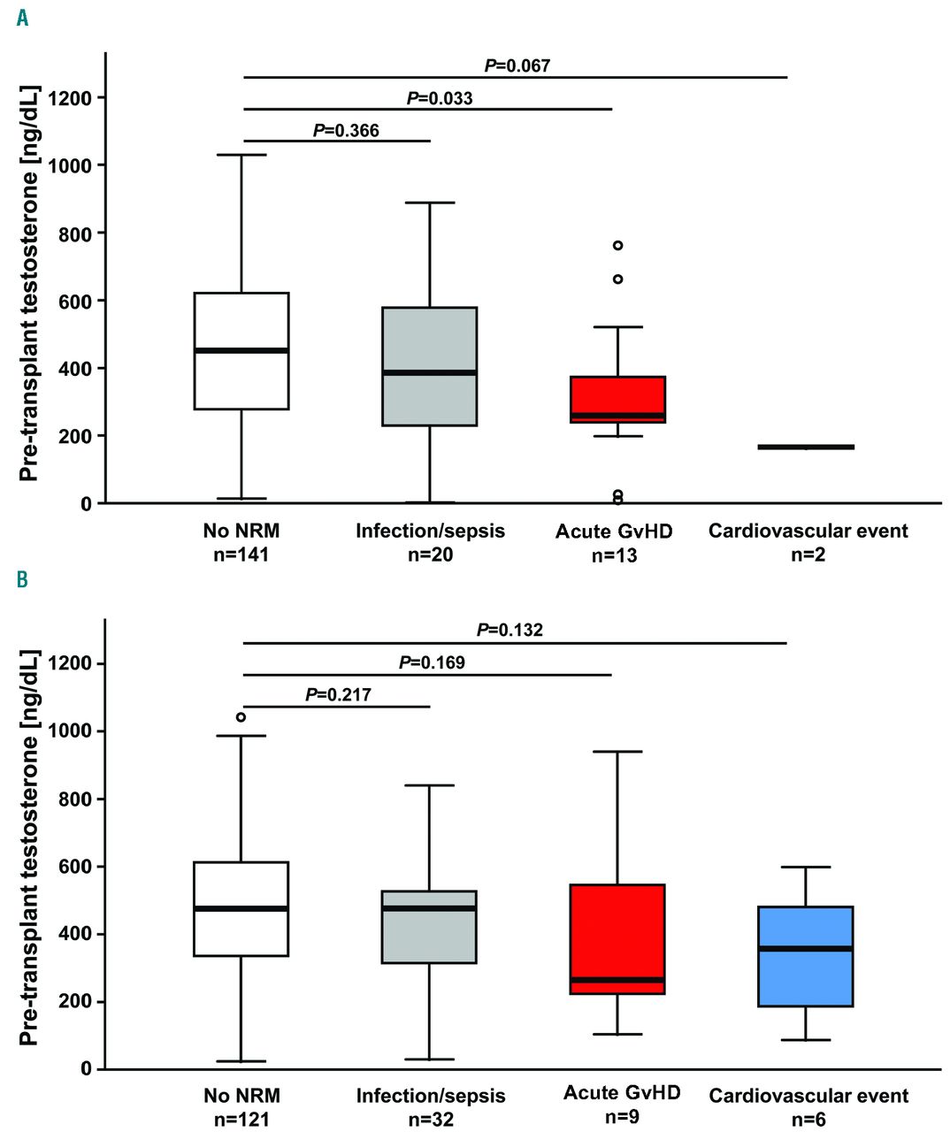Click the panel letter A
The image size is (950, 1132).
22,18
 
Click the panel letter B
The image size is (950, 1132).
22,581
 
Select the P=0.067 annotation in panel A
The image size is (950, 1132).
517,65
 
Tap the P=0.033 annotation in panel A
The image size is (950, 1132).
440,98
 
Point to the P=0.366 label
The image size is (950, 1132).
346,131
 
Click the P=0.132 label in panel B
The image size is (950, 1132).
509,630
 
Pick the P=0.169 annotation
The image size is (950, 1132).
432,662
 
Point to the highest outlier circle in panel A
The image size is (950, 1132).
617,245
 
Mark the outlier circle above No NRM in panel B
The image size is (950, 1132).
241,717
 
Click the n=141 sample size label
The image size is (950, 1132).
241,555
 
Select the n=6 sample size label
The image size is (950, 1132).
808,1120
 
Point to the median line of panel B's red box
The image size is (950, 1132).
617,980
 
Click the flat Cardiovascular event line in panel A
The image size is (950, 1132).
806,447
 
